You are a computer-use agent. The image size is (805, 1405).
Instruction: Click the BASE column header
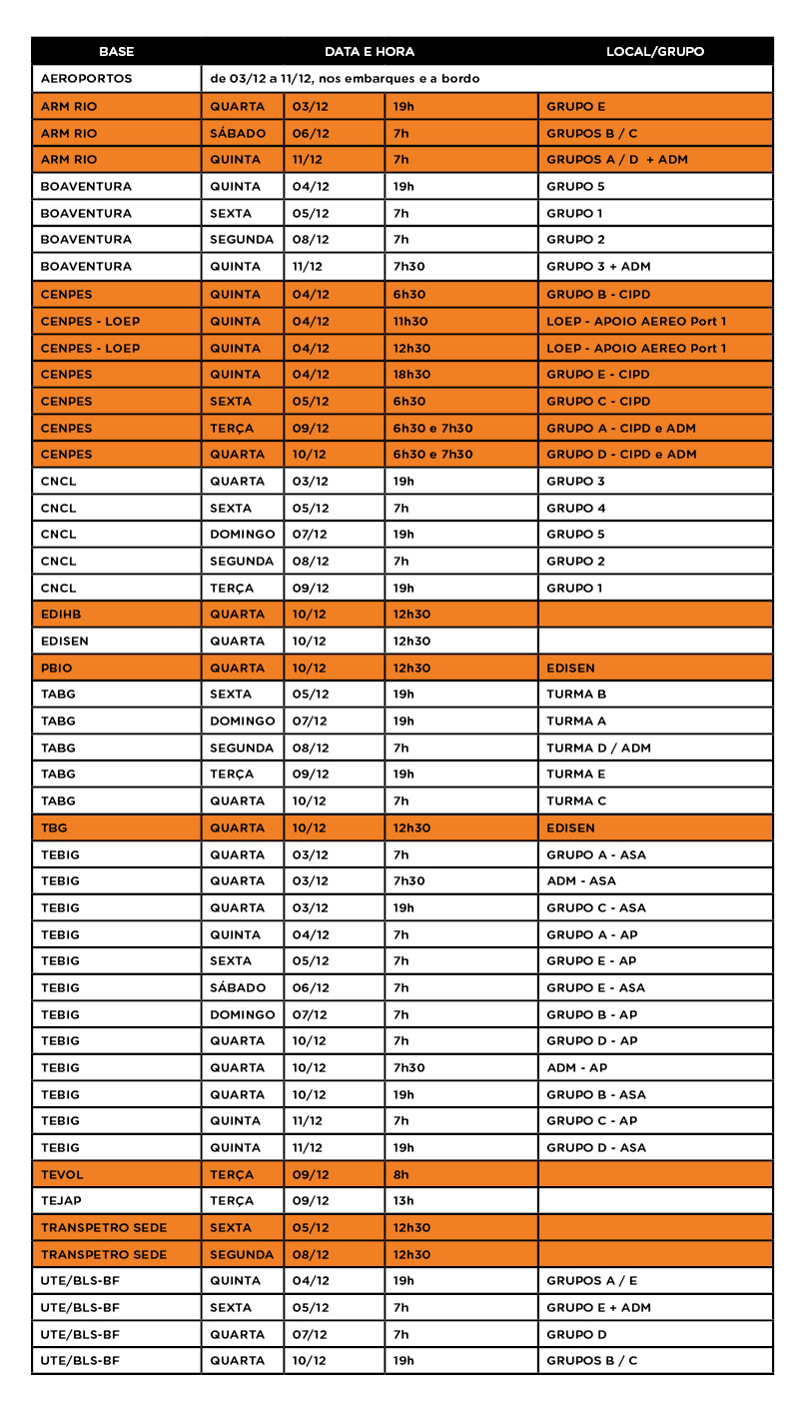click(116, 51)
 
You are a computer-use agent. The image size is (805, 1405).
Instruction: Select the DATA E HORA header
click(369, 51)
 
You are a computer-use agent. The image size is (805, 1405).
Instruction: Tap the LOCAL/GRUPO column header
click(654, 51)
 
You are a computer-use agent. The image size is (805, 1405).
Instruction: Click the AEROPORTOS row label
click(86, 78)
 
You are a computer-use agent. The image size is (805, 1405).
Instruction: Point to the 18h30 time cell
click(411, 375)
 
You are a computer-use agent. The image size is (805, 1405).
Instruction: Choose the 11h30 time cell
click(411, 321)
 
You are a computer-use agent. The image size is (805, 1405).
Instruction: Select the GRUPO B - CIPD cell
click(597, 295)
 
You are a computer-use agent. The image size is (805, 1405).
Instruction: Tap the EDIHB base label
click(62, 615)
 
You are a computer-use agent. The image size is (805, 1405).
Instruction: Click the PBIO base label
click(57, 668)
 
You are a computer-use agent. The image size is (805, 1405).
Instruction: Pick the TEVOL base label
click(62, 1174)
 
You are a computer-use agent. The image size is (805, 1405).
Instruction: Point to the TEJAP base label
click(62, 1201)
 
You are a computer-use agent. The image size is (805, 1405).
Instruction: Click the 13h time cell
click(403, 1201)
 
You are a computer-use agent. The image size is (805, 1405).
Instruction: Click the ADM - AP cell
click(576, 1067)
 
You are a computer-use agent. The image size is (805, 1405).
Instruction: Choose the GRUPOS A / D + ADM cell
click(617, 160)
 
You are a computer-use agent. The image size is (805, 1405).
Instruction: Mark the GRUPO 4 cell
click(576, 508)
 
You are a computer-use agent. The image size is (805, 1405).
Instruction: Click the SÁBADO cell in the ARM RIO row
click(238, 133)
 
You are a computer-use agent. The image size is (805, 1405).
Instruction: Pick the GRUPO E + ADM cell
click(598, 1307)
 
